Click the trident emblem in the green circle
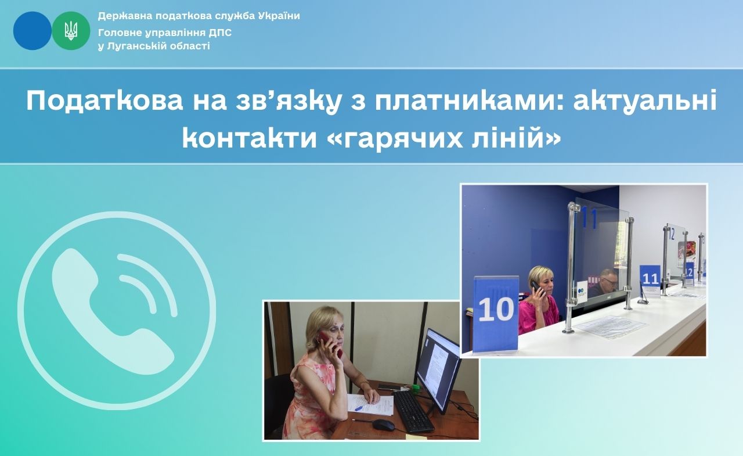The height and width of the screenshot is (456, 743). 71,31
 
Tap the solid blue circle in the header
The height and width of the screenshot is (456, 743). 32,31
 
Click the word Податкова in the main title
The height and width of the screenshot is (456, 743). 104,101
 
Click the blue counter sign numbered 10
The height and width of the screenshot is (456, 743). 496,313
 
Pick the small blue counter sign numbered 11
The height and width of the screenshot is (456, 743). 650,279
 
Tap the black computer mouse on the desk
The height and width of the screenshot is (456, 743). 384,425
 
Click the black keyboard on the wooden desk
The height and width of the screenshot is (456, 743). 413,411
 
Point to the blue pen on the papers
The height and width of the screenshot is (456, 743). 359,408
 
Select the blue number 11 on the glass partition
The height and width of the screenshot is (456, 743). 589,218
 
